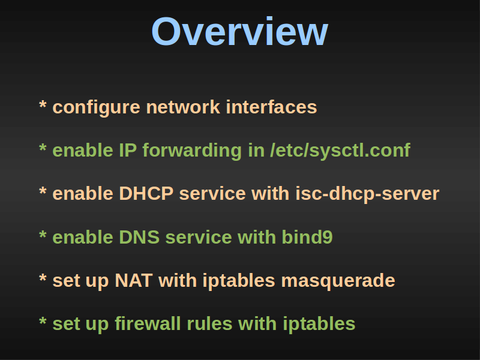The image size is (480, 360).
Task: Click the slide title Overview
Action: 239,32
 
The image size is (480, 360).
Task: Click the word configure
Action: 97,108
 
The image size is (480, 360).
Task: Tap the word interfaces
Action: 271,107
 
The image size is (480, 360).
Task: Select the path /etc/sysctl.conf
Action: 340,151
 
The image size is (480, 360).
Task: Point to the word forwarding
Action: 192,151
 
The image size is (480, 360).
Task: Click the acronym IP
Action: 128,151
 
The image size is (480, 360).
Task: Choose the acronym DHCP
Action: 146,194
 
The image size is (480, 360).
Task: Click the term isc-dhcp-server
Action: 367,194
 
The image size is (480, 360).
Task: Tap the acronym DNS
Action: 139,237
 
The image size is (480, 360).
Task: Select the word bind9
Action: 307,237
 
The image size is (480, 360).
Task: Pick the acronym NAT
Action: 134,280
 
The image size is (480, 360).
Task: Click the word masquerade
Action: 338,281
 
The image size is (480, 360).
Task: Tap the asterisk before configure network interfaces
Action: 43,104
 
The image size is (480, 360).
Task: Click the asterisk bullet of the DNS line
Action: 43,235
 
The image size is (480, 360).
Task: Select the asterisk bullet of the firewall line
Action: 43,321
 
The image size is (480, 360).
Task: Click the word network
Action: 183,107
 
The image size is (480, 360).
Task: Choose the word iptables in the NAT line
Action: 239,281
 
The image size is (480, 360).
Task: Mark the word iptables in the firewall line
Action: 319,325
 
